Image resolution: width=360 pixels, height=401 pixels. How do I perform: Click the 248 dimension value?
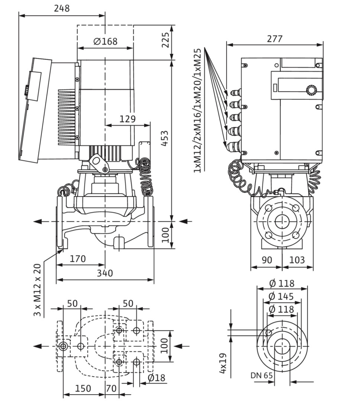[x=62, y=8]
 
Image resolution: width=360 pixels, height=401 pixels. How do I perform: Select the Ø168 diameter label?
[x=105, y=41]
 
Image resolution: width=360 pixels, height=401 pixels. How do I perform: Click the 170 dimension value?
[x=78, y=258]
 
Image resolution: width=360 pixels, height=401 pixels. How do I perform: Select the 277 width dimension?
[x=275, y=38]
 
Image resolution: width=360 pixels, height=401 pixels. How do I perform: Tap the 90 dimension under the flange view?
[x=266, y=260]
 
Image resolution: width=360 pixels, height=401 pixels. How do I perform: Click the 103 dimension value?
[x=297, y=260]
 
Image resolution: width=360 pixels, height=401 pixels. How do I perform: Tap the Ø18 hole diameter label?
[x=156, y=378]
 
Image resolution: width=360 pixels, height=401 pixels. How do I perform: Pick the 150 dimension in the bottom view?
[x=83, y=388]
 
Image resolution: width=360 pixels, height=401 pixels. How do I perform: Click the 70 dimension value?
[x=111, y=388]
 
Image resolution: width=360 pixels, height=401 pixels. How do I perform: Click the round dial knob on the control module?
[x=311, y=90]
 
